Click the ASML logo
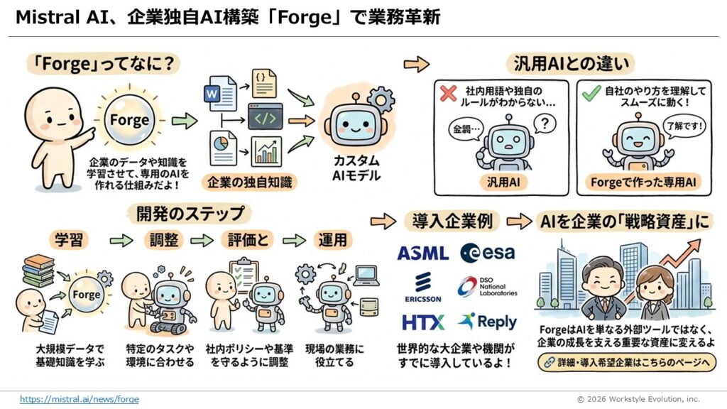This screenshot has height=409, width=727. point(423,253)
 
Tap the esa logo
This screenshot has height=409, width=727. point(488,252)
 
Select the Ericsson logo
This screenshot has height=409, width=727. point(423,286)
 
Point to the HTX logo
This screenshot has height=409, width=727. point(423,322)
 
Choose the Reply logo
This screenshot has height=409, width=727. point(488,321)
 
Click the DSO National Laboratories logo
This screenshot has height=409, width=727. point(488,286)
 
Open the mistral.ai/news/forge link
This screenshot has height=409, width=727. point(80,399)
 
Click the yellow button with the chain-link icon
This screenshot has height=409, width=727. point(627,362)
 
